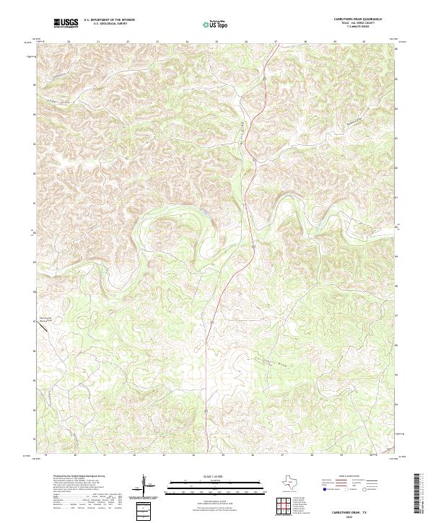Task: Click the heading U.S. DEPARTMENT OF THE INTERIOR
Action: pos(109,19)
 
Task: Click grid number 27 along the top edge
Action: pos(276,42)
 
